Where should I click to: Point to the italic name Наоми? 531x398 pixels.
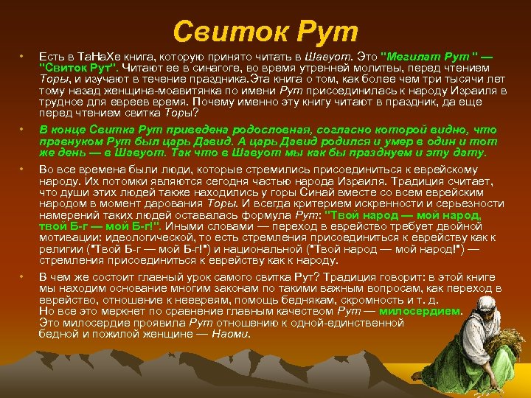pos(229,334)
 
